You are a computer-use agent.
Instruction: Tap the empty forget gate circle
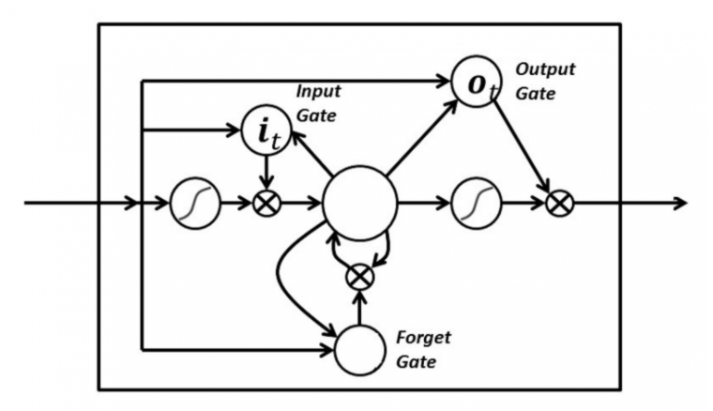(x=360, y=350)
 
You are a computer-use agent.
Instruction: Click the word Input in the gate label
(x=318, y=91)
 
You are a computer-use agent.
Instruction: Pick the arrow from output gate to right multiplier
(x=522, y=146)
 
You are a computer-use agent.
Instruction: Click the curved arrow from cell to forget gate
(x=286, y=282)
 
